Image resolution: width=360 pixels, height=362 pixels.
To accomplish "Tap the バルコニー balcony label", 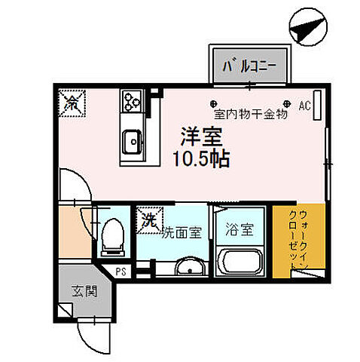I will tap(249, 66).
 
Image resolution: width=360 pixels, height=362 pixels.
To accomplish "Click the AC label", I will tap(305, 106).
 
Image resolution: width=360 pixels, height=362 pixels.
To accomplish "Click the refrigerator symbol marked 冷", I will tap(74, 101).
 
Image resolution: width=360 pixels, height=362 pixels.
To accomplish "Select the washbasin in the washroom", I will tap(189, 267).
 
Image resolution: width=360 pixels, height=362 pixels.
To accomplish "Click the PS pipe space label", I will tap(121, 272).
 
